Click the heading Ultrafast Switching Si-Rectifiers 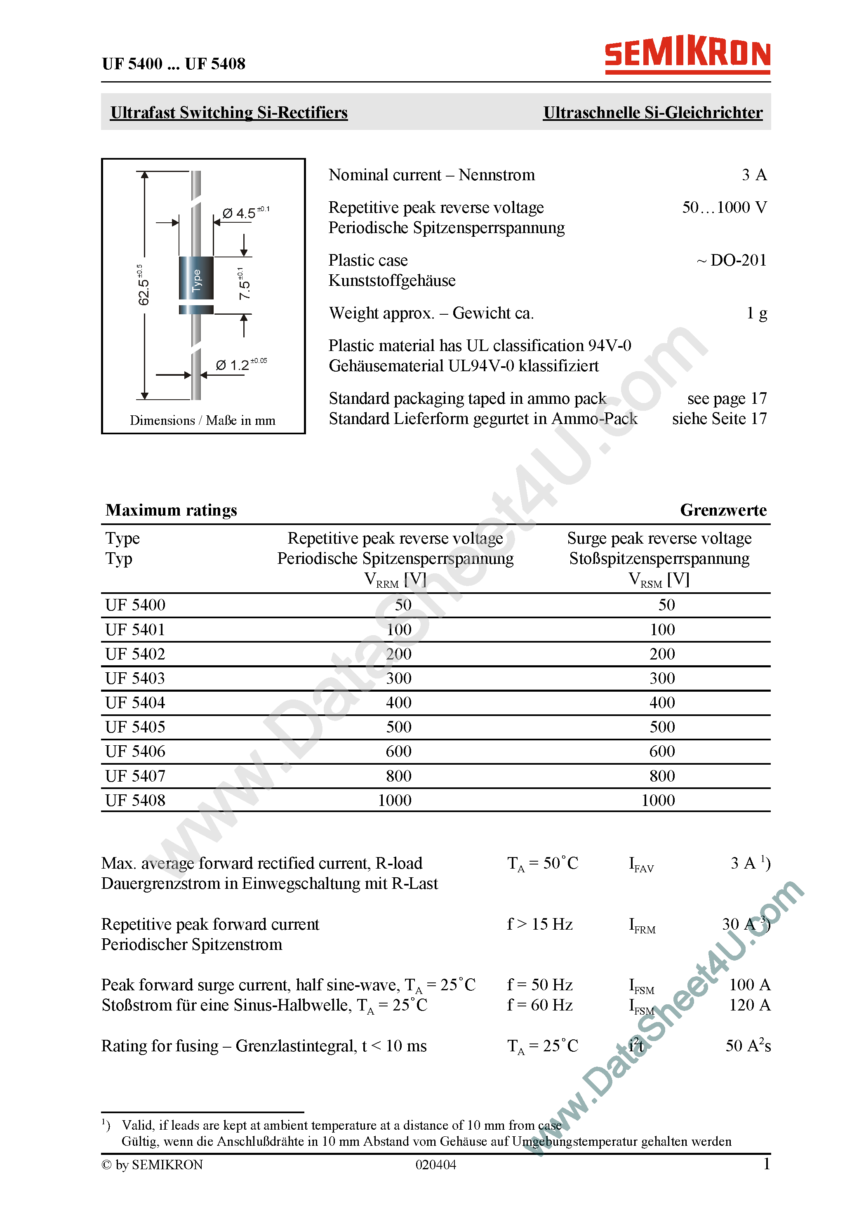pos(228,113)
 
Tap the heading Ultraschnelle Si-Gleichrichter pos(652,113)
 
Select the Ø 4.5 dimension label pos(240,213)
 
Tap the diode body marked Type pos(196,278)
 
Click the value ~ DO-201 pos(732,260)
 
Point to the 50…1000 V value pos(724,207)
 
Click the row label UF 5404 pos(135,702)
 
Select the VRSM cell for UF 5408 pos(658,800)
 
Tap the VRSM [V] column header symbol pos(658,579)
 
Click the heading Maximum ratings pos(171,509)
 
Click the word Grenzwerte pos(723,509)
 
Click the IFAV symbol pos(641,864)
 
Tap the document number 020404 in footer pos(435,1164)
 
